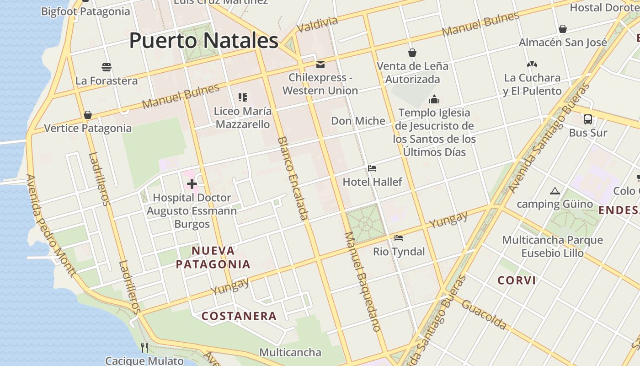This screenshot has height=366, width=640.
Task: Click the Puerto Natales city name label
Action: pos(204,41)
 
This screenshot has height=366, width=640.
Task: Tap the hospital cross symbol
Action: pos(192,184)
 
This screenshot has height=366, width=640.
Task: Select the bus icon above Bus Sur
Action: pos(588,119)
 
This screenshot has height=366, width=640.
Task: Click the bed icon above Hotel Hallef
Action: pos(372,168)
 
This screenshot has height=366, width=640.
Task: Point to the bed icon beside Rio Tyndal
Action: pos(399,238)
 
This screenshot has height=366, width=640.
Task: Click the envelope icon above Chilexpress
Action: pos(320,64)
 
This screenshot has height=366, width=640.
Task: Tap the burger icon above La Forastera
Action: pos(107,67)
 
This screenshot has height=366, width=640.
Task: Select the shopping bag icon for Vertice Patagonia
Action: pos(88,115)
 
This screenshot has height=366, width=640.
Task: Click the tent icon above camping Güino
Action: pos(555,191)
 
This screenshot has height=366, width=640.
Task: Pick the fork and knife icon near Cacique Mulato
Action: pos(144,348)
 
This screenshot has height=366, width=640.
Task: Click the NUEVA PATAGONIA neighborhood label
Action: pos(213,258)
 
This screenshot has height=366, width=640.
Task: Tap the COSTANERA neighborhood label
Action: pos(239,316)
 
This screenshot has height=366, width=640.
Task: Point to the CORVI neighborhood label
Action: pos(517,280)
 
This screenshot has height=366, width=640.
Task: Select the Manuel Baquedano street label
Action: pos(362,281)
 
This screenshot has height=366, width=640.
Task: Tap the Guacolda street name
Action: pos(484,315)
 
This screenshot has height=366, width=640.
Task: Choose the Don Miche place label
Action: pos(358,121)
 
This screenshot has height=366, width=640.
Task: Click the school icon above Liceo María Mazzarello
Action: pos(243,97)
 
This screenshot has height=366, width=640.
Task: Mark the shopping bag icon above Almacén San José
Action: pos(563,29)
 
